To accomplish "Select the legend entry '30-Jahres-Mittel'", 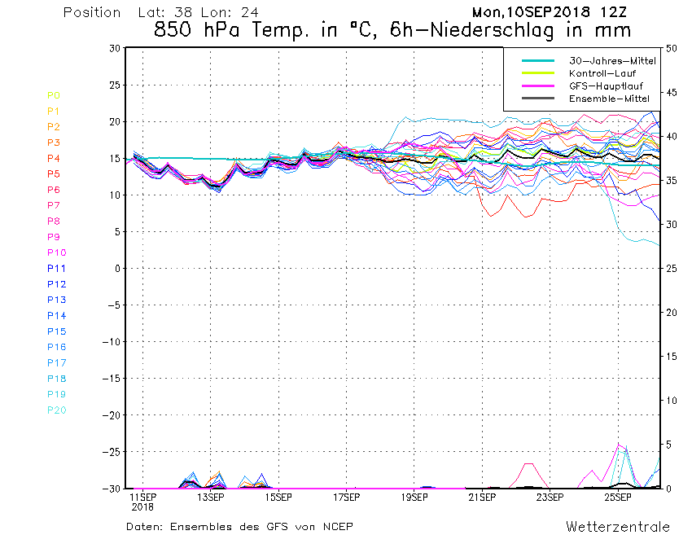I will tap(607, 61).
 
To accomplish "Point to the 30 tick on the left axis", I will tap(114, 48).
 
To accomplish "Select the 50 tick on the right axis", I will tap(672, 48).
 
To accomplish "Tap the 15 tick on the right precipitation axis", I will tap(672, 357).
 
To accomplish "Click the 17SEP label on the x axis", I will tap(347, 497).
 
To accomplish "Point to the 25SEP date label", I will tap(618, 497).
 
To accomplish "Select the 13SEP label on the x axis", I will tap(211, 497).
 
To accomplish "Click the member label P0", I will tap(53, 95).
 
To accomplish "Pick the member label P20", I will tap(56, 410).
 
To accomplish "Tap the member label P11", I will tap(56, 268).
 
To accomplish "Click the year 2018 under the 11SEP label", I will tap(143, 506).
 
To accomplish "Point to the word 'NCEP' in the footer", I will tap(337, 526).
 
